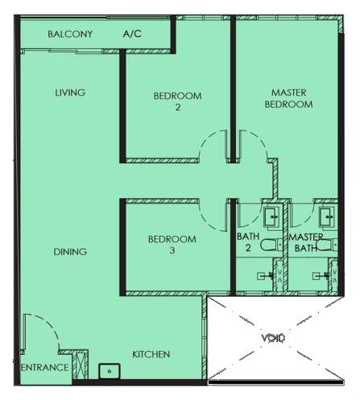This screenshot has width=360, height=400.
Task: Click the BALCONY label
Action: click(70, 34)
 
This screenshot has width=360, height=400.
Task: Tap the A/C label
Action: click(132, 34)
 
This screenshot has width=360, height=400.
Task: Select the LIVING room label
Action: click(70, 93)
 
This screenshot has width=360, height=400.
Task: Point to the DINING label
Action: click(70, 252)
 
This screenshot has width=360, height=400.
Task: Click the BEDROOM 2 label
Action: click(177, 101)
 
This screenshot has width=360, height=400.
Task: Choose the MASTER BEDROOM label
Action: click(288, 98)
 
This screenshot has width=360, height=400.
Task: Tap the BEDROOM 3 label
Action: click(172, 245)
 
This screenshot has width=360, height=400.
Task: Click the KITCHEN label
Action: click(151, 354)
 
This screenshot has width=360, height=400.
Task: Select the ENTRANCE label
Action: click(44, 367)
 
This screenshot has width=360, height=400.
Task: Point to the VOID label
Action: click(273, 338)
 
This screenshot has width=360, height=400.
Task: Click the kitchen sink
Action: click(110, 371)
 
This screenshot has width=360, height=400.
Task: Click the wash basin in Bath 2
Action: click(272, 216)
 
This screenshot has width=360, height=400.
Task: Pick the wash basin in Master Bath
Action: click(328, 216)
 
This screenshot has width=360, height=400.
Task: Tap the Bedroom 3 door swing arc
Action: click(205, 221)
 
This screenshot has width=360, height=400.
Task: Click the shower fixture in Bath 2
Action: click(265, 275)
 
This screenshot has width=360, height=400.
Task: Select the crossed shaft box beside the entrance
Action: click(79, 365)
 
